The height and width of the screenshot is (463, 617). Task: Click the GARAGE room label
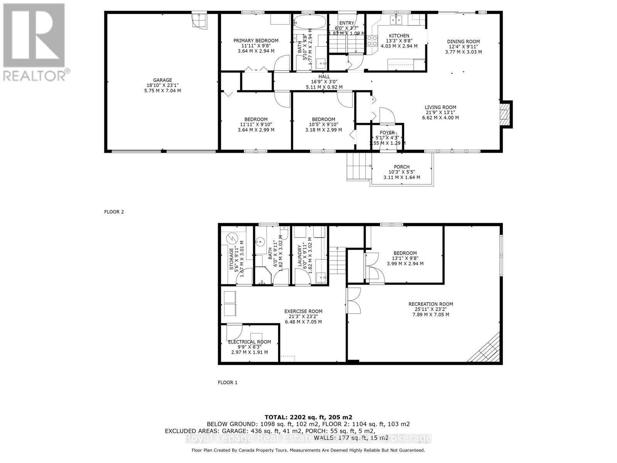[x=162, y=81]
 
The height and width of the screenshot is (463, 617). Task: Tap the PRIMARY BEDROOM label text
[x=256, y=41]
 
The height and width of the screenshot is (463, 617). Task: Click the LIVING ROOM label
[x=440, y=108]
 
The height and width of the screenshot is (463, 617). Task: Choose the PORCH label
[x=401, y=167]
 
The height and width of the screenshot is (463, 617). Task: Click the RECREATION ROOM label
[x=431, y=304]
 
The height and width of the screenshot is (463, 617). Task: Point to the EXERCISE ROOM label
[x=303, y=311]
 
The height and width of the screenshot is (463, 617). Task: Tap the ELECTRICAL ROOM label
[x=249, y=342]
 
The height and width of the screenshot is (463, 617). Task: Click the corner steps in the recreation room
[x=486, y=349]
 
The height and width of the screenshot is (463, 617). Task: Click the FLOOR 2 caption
[x=114, y=212]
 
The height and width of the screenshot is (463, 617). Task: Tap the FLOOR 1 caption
[x=228, y=382]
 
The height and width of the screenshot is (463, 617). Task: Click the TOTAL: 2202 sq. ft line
[x=308, y=417]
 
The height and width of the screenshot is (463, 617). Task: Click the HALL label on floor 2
[x=324, y=77]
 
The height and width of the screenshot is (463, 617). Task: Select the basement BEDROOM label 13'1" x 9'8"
[x=405, y=253]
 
